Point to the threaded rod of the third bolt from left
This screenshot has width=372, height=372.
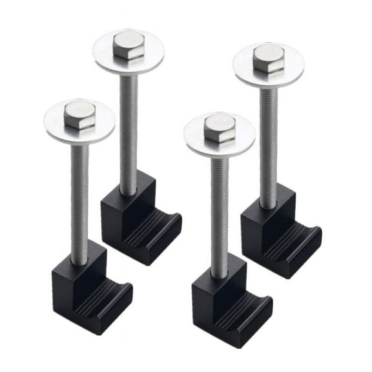point(220,207)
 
